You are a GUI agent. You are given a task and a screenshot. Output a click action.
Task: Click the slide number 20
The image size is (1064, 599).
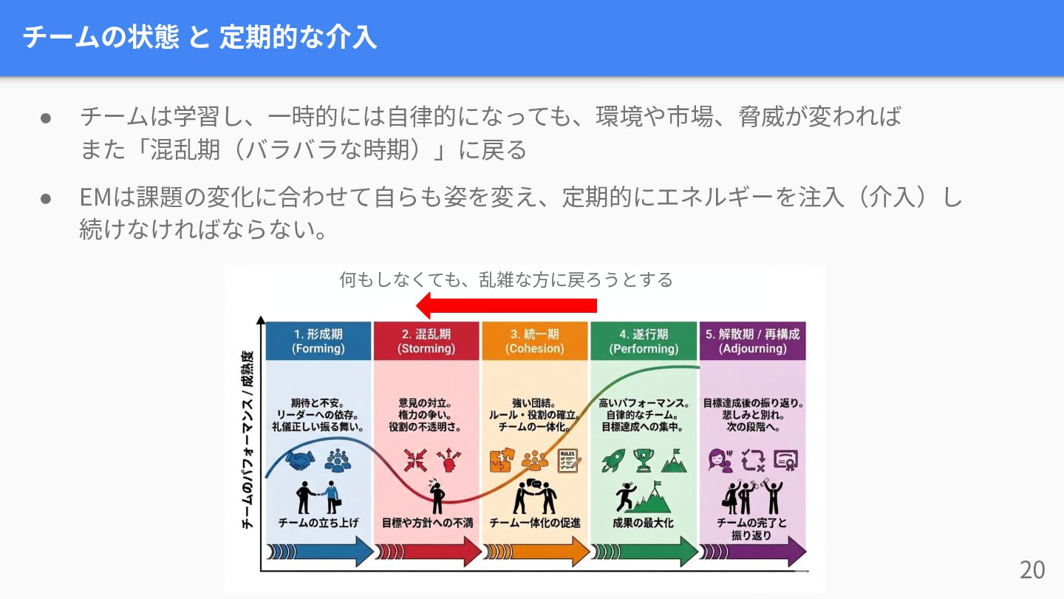click(x=1032, y=569)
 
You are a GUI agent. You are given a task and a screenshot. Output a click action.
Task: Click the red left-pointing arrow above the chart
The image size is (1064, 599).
click(x=507, y=305)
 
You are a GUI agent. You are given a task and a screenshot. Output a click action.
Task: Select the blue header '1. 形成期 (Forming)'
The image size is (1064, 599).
click(x=318, y=341)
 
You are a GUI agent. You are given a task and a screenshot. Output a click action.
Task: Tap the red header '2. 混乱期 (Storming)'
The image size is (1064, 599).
click(x=426, y=341)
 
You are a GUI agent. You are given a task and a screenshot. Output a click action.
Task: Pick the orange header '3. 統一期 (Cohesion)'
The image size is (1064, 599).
click(x=534, y=341)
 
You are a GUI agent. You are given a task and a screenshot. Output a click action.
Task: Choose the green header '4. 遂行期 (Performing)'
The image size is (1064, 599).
click(x=643, y=341)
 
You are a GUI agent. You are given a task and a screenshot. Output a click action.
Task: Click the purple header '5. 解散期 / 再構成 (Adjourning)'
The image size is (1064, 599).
click(x=752, y=341)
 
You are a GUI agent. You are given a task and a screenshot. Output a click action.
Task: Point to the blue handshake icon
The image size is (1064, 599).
click(x=300, y=461)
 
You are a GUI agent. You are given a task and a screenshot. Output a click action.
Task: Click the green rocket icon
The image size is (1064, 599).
click(x=613, y=461)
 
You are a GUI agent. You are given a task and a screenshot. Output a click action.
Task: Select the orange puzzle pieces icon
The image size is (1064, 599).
click(x=501, y=461)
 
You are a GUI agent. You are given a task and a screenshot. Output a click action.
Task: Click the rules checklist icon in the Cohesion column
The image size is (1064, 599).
click(x=568, y=461)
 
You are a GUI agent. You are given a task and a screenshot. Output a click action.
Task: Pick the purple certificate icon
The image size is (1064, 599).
click(x=785, y=461)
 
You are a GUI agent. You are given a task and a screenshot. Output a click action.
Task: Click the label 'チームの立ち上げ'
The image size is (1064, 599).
click(x=318, y=523)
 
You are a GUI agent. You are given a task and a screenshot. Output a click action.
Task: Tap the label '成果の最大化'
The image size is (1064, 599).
click(x=643, y=523)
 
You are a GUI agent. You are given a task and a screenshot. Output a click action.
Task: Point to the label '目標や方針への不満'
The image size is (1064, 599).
click(x=426, y=523)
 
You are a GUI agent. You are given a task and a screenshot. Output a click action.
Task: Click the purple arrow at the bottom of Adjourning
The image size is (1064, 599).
click(x=752, y=552)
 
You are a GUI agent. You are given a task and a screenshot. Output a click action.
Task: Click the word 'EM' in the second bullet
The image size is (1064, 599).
click(x=95, y=198)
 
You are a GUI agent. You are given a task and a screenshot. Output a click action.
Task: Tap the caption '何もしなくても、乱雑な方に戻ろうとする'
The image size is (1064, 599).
click(x=506, y=280)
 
